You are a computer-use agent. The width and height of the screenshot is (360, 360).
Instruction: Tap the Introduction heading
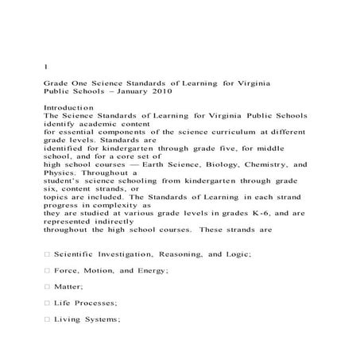point(69,106)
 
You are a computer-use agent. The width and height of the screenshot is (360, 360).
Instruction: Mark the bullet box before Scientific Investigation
point(47,253)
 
